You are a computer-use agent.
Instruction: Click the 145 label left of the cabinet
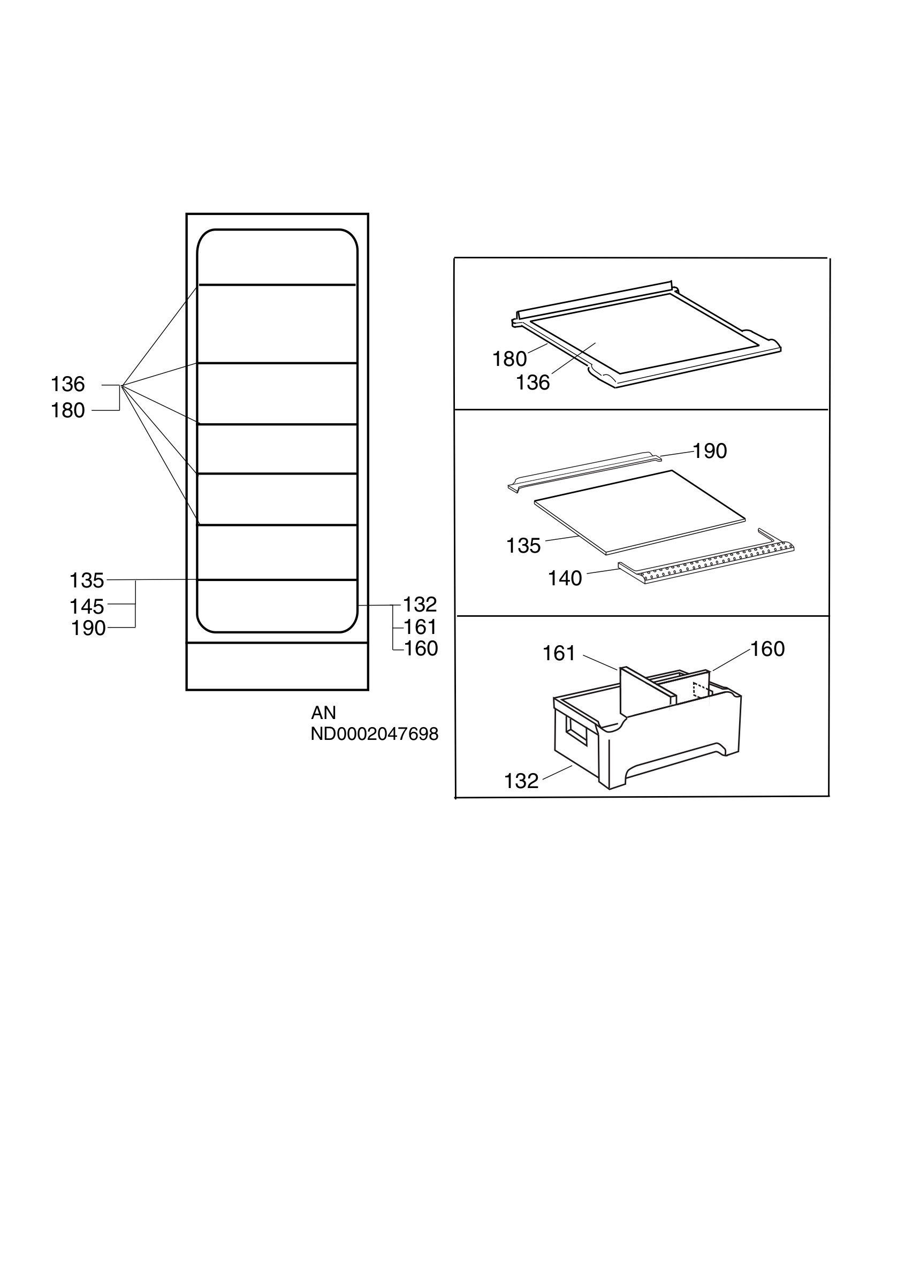(87, 606)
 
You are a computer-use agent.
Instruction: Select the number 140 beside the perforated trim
(565, 578)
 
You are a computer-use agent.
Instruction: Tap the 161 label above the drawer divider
(559, 653)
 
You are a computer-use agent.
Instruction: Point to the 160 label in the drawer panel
(767, 649)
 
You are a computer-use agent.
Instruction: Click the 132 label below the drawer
(521, 781)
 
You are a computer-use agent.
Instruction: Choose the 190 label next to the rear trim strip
(710, 451)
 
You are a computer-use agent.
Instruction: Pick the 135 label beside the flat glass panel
(523, 546)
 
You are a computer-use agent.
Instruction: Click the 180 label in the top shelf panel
(509, 359)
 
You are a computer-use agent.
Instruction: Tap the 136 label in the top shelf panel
(533, 383)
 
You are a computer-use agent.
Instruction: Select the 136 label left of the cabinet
(67, 384)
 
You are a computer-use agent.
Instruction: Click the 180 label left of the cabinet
(67, 410)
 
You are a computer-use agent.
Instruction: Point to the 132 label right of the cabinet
(420, 605)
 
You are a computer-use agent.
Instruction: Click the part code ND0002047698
(375, 733)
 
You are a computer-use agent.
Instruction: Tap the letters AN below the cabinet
(323, 713)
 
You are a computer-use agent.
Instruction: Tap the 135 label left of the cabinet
(87, 580)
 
